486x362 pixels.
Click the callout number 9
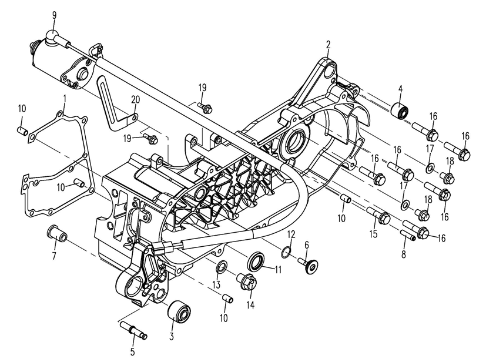coord(54,16)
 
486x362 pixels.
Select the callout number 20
coord(135,100)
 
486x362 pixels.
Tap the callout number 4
coord(400,89)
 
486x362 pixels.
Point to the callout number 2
coord(329,44)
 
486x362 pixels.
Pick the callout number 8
coord(404,254)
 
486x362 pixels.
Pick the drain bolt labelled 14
coord(247,281)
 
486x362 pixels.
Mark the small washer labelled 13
coord(222,267)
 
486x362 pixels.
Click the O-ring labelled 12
coord(286,252)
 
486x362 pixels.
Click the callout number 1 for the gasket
coord(65,99)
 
